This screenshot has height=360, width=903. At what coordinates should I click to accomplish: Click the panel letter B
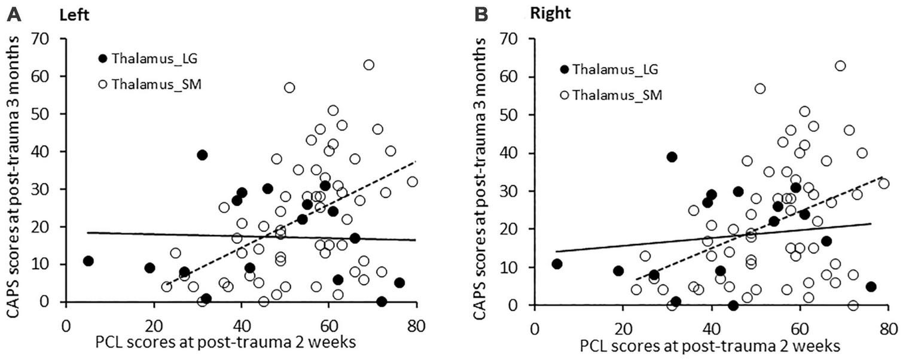click(482, 15)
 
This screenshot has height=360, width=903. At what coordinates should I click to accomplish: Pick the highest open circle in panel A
click(369, 65)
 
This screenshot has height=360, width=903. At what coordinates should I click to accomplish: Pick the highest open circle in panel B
click(840, 66)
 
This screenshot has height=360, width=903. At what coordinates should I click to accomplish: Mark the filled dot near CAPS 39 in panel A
click(202, 155)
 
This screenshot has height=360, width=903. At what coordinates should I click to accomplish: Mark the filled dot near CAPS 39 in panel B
click(672, 157)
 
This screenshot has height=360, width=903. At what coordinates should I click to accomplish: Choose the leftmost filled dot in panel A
click(88, 261)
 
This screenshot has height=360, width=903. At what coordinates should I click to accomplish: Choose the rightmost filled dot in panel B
click(871, 286)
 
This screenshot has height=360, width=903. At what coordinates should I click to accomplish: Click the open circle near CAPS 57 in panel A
click(289, 87)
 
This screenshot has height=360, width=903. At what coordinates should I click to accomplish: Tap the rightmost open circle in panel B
click(884, 184)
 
